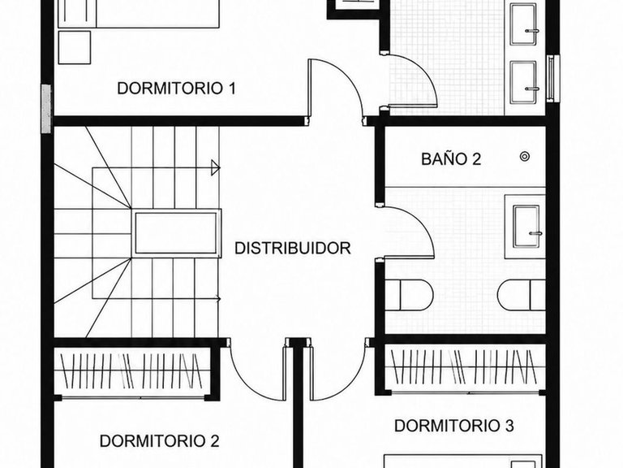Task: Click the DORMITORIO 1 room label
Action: pyautogui.click(x=176, y=88)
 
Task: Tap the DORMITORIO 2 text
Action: pyautogui.click(x=159, y=441)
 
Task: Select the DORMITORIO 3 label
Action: pyautogui.click(x=454, y=426)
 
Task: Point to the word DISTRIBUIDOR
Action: pyautogui.click(x=292, y=248)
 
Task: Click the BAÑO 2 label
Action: pyautogui.click(x=451, y=158)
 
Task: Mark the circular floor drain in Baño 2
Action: pyautogui.click(x=525, y=156)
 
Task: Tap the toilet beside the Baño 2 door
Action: pyautogui.click(x=409, y=294)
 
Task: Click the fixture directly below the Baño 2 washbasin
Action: pyautogui.click(x=522, y=295)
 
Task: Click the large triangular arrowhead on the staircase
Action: pyautogui.click(x=215, y=167)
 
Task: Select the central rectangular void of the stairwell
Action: pyautogui.click(x=176, y=233)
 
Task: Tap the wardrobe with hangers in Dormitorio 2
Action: pyautogui.click(x=132, y=371)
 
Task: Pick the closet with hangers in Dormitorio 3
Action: pyautogui.click(x=465, y=368)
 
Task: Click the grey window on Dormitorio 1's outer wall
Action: pyautogui.click(x=46, y=109)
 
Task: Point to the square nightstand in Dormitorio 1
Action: pyautogui.click(x=75, y=47)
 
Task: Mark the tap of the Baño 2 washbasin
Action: pyautogui.click(x=535, y=234)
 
